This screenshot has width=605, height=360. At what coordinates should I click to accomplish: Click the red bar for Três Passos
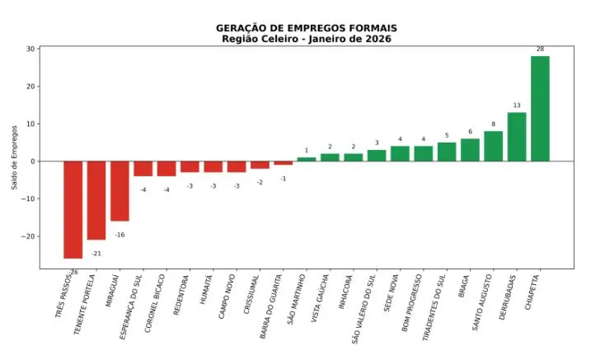click(73, 210)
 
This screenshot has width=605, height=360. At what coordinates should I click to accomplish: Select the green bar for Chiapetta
click(540, 109)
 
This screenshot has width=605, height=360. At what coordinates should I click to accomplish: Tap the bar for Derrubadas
click(517, 137)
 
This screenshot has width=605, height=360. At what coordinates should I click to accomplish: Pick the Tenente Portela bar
click(96, 200)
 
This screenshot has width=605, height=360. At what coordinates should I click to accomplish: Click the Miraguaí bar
click(120, 191)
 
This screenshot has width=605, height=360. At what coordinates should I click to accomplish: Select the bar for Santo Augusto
click(494, 146)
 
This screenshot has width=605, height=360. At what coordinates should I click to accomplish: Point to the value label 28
click(540, 49)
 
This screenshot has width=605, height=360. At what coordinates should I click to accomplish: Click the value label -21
click(96, 254)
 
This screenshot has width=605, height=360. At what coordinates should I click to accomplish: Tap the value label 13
click(517, 105)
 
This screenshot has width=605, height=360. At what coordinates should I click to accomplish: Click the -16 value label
click(120, 235)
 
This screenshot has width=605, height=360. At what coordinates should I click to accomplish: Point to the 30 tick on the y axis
click(30, 49)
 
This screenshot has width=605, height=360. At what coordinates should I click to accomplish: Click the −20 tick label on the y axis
click(27, 236)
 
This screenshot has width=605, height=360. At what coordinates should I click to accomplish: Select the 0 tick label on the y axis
click(33, 161)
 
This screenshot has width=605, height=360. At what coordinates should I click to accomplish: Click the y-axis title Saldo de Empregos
click(15, 157)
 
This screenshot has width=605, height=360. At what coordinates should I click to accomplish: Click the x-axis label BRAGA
click(464, 286)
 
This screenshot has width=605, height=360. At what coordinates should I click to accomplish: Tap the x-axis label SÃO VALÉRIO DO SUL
click(364, 309)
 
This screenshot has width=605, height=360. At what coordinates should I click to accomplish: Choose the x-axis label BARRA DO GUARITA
click(272, 306)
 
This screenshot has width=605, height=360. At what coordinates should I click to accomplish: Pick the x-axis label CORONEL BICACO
click(155, 303)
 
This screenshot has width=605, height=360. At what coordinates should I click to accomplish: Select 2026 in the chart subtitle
click(380, 39)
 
